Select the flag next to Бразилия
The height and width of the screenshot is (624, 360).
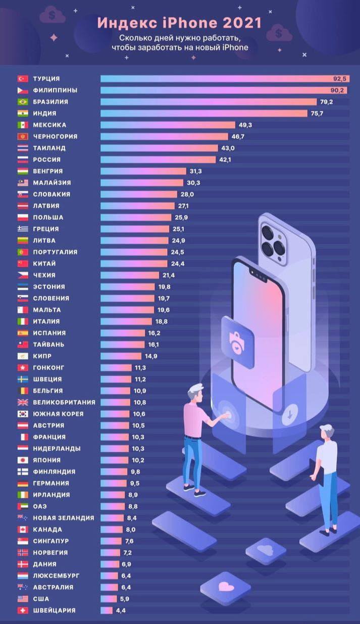point(22,102)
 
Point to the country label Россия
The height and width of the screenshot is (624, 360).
point(46,160)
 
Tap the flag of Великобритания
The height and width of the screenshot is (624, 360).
point(22,402)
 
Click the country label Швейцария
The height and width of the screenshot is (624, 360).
point(54,610)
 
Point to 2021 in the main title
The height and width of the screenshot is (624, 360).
point(245,22)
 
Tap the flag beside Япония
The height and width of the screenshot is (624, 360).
point(22,460)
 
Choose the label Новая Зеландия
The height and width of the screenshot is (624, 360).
point(63,518)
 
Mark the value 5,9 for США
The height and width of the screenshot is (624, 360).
point(126,599)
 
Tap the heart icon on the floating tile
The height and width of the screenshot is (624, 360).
point(224,587)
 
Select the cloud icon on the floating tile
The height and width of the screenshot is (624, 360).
point(265,549)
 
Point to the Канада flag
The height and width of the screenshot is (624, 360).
point(22,530)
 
